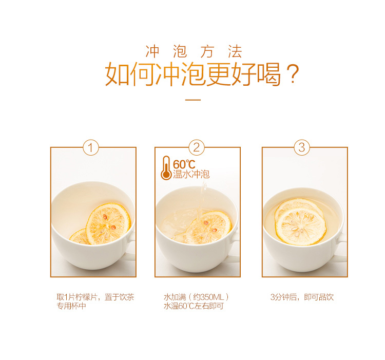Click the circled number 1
pos(91,147)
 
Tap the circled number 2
pos(197,147)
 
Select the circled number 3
pos(302,147)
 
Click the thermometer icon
pos(166,168)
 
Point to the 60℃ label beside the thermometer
pos(184,164)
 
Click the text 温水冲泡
pos(191,174)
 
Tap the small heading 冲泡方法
pos(194,51)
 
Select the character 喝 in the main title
pos(269,74)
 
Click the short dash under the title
pos(193,100)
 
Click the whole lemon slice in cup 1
pos(108,224)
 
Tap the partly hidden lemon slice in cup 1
pos(79,236)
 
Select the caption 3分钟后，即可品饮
pos(302,297)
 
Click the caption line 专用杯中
pos(71,306)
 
